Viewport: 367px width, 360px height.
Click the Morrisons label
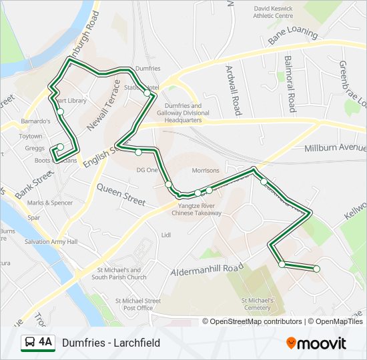tap(205, 171)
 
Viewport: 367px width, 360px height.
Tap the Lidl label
tap(166, 235)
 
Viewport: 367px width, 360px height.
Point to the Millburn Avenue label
tap(334, 147)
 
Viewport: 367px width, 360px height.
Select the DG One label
tap(147, 170)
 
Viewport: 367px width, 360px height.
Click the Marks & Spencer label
tap(49, 203)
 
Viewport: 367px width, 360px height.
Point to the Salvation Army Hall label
tap(52, 241)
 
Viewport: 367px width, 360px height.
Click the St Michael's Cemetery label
tap(257, 304)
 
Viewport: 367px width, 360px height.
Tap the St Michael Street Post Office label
tap(138, 304)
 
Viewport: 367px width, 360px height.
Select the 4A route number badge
tap(37, 343)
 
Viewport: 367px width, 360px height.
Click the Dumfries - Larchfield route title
tap(111, 343)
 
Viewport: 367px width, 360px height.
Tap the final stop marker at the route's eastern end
tap(316, 269)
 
